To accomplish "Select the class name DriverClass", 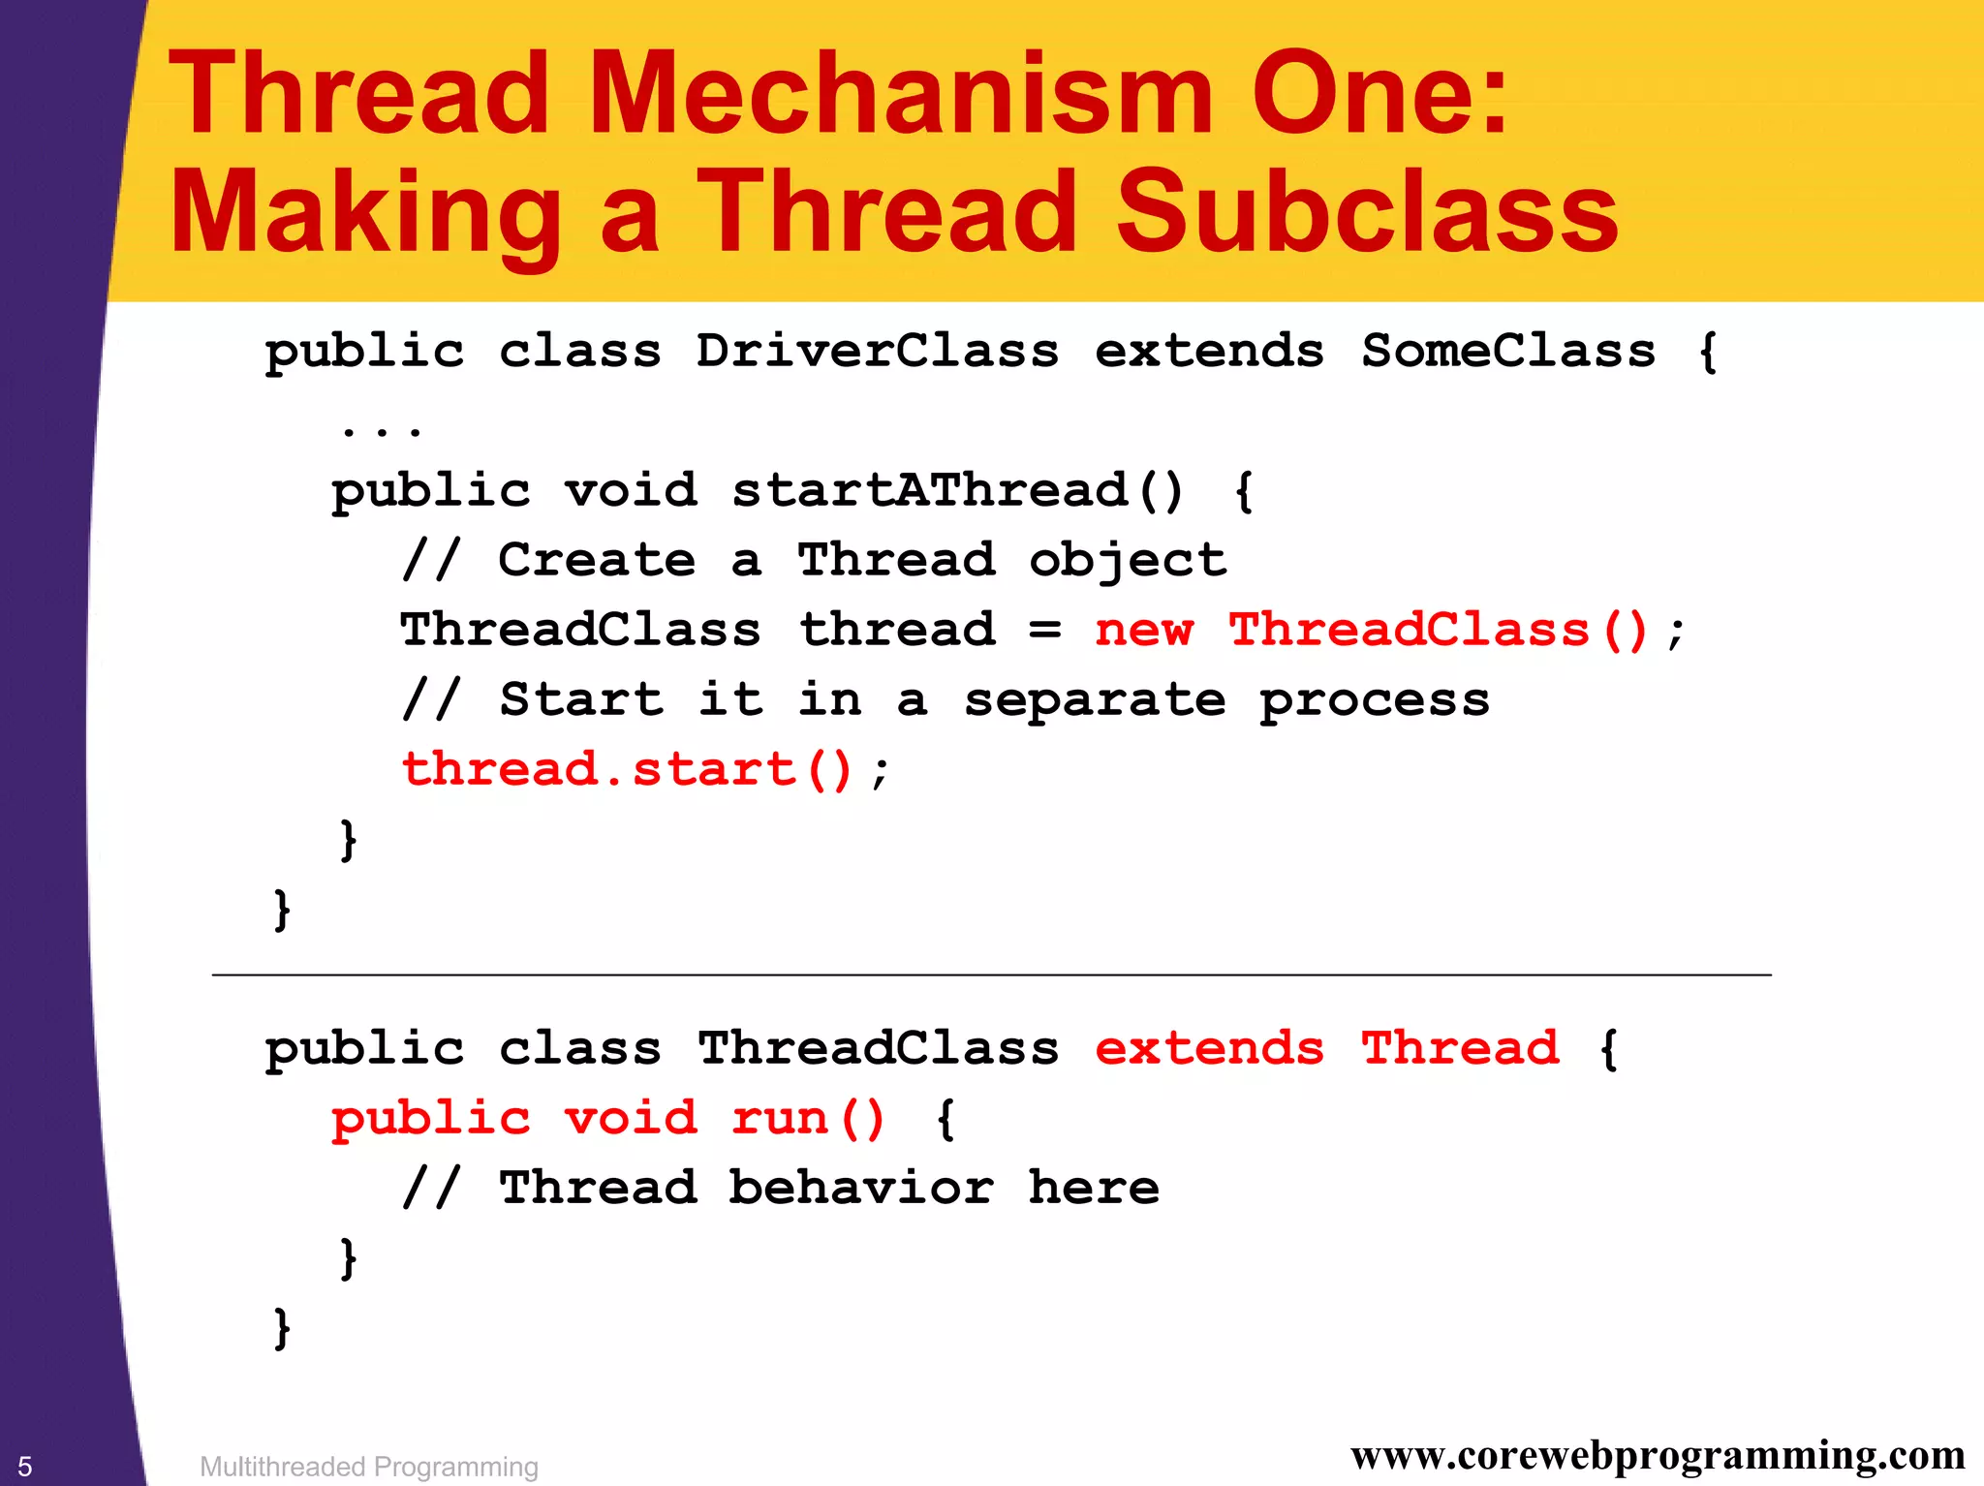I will pos(877,351).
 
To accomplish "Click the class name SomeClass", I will pos(1507,351).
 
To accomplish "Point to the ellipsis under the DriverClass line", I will pos(382,426).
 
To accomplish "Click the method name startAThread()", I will pos(957,490).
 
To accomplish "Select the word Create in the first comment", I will pos(596,560).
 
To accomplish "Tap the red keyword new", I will pos(1143,631).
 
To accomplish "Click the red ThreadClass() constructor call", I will pos(1438,631).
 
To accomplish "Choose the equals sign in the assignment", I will pos(1044,631).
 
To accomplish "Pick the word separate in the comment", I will pos(1095,700).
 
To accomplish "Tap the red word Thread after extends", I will pos(1460,1048).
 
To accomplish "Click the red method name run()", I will pos(808,1119).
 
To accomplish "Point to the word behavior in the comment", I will pos(860,1189).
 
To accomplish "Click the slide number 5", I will pos(25,1466).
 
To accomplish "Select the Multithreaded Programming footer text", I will pos(368,1467).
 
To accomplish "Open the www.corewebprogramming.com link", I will pos(1658,1455).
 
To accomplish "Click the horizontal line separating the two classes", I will pos(990,975).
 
